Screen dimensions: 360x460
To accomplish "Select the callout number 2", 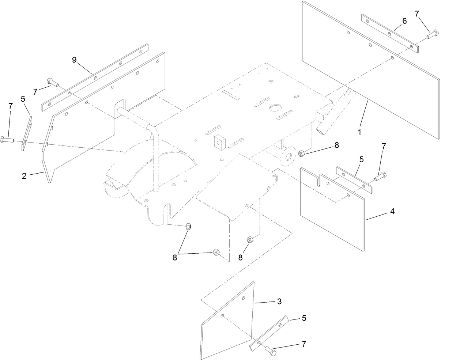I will (x=24, y=176).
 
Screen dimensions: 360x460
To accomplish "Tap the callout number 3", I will (x=279, y=302).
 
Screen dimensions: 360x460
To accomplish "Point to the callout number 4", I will (x=392, y=211).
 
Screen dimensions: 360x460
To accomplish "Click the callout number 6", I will (x=404, y=21).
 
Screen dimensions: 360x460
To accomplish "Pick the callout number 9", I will (x=74, y=60).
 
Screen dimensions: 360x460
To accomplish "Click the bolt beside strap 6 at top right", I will (x=433, y=34).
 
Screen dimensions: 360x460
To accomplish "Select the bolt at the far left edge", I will (x=7, y=139).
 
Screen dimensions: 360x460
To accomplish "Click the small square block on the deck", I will (x=219, y=141).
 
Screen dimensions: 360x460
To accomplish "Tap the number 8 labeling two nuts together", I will (x=175, y=257).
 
